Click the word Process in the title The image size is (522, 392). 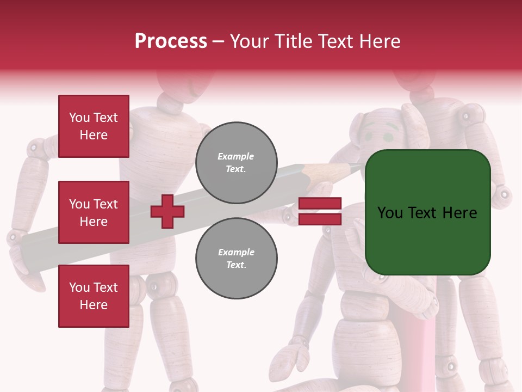coord(171,41)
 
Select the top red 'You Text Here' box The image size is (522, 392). coord(94,126)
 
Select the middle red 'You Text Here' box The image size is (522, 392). coord(94,212)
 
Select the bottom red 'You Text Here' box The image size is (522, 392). coord(94,296)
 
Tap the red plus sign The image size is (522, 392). coord(167,211)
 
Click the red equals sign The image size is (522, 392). coord(320,211)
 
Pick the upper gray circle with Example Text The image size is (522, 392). coord(236,162)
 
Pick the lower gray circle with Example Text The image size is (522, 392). coord(236,258)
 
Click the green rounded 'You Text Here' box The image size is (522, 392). coord(427,212)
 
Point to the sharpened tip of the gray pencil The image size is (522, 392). coord(359,167)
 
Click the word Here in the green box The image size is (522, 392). coord(459,213)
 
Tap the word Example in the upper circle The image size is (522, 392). coord(235,156)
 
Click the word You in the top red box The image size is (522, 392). coord(79,118)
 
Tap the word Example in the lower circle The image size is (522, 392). coord(235,252)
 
